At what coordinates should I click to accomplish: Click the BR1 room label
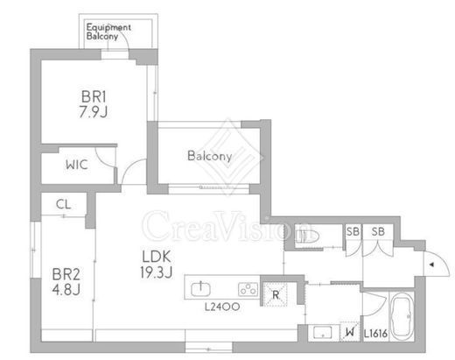tap(94, 96)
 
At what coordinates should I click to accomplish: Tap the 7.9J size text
tap(94, 111)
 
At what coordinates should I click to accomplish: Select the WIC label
tap(77, 165)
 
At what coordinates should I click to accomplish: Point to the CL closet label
tap(63, 204)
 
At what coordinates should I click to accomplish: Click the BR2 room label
tap(66, 274)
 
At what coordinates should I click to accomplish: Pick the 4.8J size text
tap(66, 290)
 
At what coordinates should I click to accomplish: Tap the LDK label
tap(157, 257)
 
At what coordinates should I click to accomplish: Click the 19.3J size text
tap(157, 272)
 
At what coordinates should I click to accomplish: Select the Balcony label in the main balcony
tap(210, 156)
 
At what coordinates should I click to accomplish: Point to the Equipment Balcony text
tap(108, 32)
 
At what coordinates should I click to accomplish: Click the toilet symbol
tap(307, 236)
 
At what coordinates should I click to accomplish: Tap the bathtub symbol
tap(402, 316)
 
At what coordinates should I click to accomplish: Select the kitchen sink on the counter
tap(200, 288)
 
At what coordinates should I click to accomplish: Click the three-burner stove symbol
tap(248, 289)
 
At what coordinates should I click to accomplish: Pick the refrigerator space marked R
tap(276, 294)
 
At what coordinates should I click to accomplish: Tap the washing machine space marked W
tap(350, 331)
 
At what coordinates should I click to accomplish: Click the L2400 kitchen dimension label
tap(222, 307)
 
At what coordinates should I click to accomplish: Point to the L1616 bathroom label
tap(375, 334)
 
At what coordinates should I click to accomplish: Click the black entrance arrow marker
tap(431, 265)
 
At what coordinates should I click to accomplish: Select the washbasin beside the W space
tap(322, 333)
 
